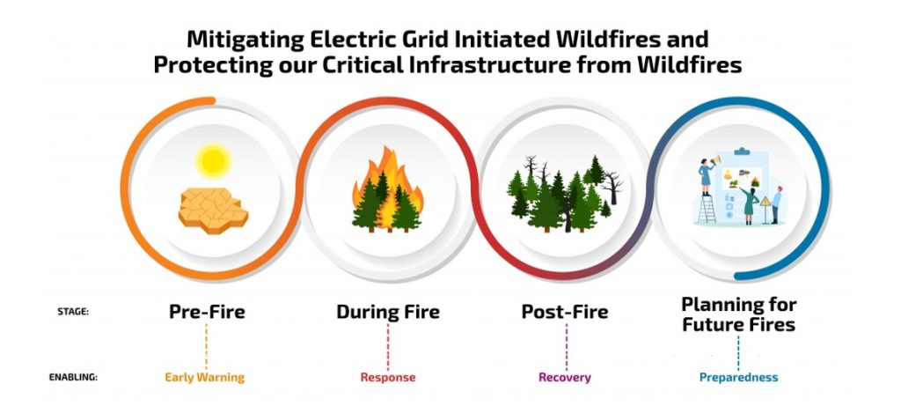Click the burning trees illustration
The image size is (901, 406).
tap(387, 192)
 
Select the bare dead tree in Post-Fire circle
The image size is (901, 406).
tap(608, 185)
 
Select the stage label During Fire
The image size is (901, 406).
tap(387, 312)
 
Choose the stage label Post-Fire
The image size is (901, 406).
tap(564, 312)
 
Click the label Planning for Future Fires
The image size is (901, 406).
tap(738, 314)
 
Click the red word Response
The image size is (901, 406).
tap(387, 377)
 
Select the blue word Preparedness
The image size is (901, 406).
tap(738, 377)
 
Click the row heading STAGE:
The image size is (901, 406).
tap(72, 312)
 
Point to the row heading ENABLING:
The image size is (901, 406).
tap(72, 377)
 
